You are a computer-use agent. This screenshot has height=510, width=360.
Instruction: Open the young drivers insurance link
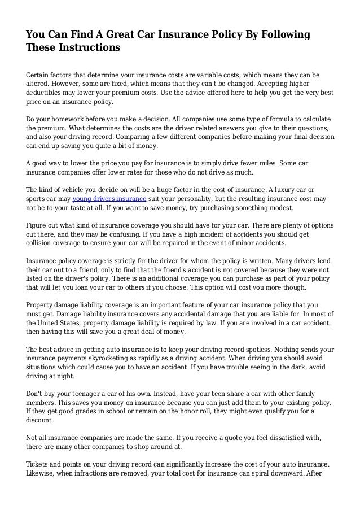tap(109, 199)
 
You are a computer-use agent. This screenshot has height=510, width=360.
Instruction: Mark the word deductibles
tap(47, 93)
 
